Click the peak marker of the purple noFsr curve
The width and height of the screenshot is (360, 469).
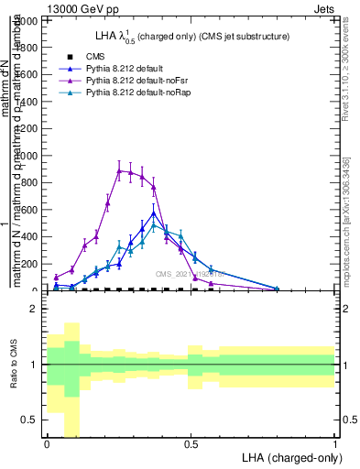click(119, 170)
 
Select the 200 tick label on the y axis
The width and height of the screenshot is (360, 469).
click(30, 264)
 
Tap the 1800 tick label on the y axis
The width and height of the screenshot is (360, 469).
click(27, 46)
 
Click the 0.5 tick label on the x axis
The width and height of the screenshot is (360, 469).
click(191, 444)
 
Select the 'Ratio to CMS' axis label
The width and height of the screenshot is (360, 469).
click(13, 365)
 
